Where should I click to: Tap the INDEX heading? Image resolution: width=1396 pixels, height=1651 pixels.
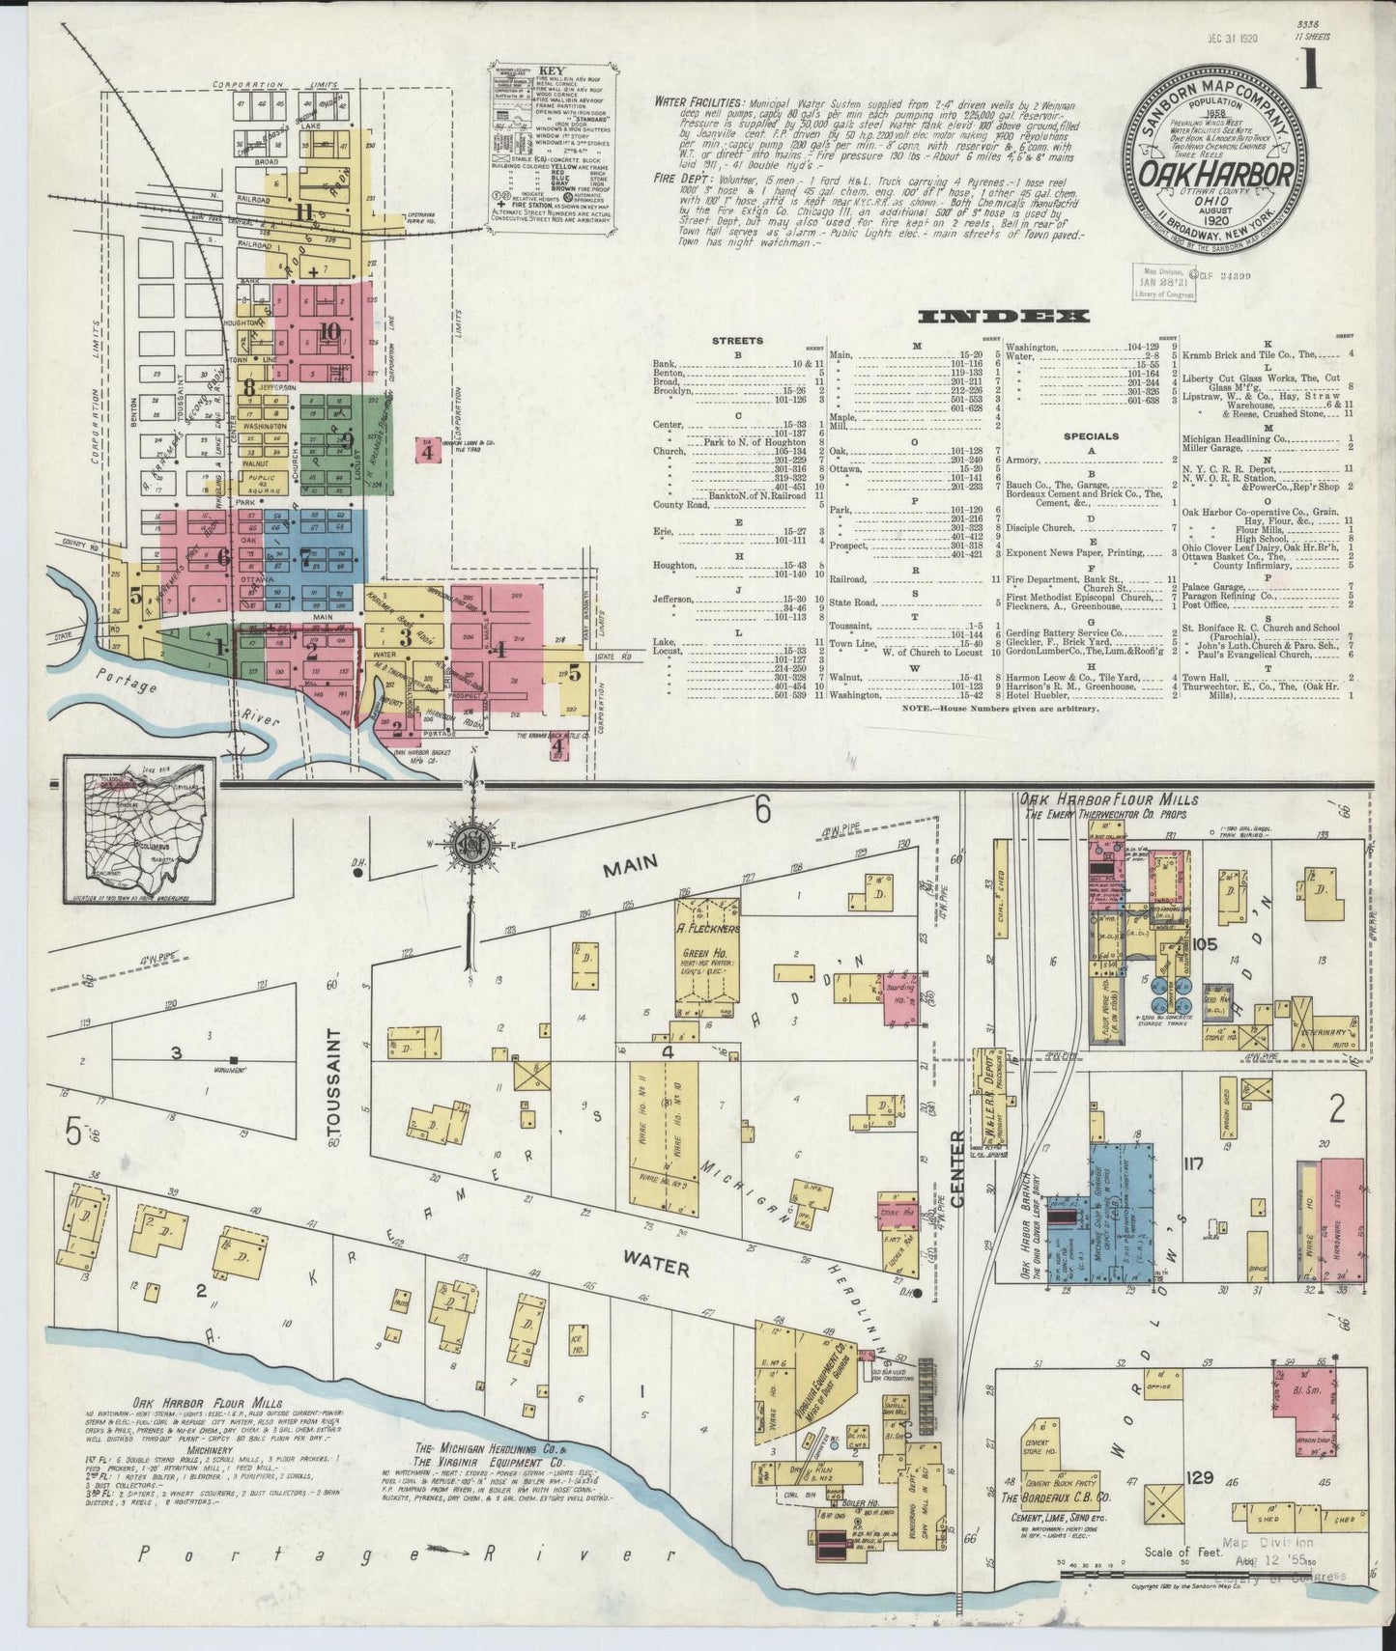(1004, 317)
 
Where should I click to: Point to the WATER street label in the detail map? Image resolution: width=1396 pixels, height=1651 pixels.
(655, 1263)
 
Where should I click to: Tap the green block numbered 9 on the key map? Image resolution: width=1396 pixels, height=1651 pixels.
(346, 439)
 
